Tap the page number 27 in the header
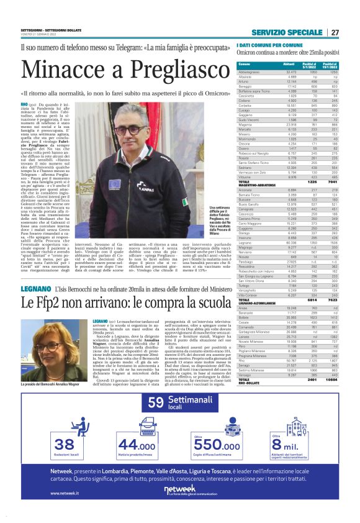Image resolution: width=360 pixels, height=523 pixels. [x=335, y=32]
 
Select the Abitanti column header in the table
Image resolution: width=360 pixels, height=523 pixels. [x=289, y=64]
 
